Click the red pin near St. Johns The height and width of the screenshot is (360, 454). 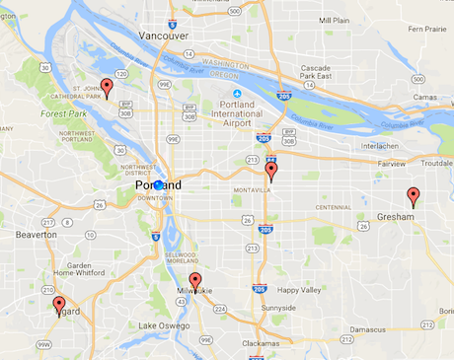[x=107, y=87]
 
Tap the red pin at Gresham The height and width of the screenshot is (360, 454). [x=414, y=195]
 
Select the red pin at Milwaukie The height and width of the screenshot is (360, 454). [x=195, y=281]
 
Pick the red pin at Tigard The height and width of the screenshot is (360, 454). [x=59, y=305]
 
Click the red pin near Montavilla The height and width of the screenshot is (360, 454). [x=271, y=171]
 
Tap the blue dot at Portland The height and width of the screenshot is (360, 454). [x=158, y=184]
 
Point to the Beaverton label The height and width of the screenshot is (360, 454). [x=37, y=235]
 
